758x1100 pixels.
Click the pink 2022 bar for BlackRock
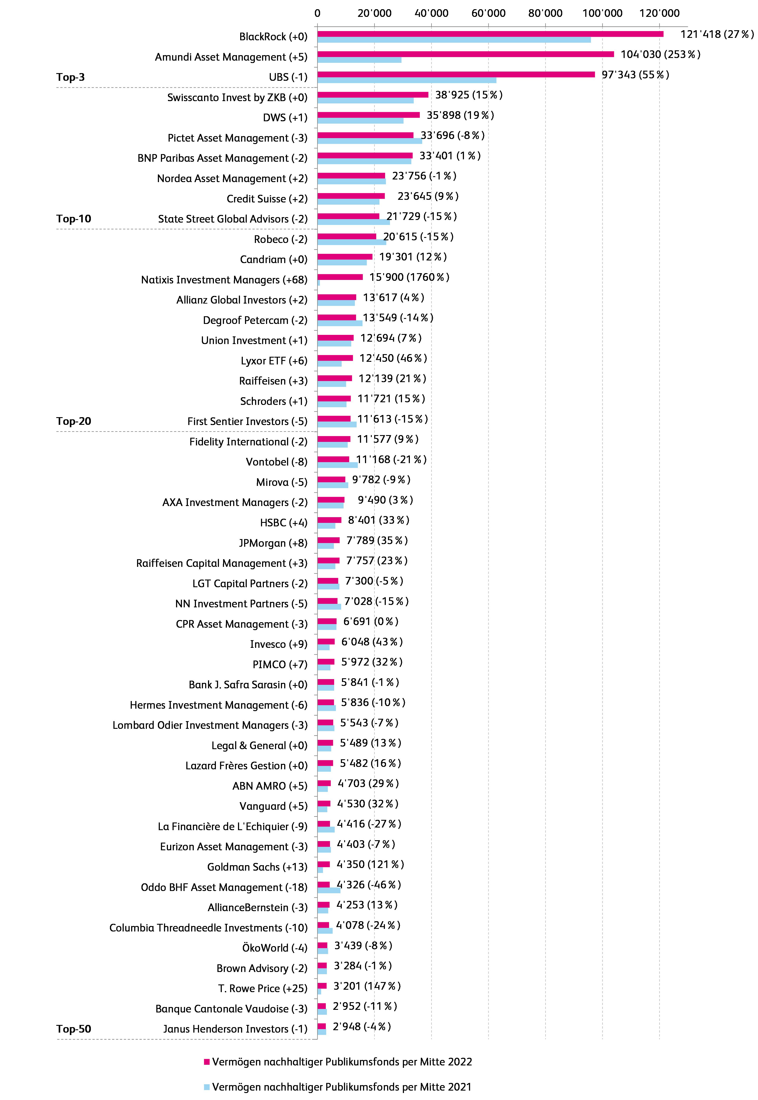click(x=490, y=34)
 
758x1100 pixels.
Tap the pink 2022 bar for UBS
click(x=456, y=74)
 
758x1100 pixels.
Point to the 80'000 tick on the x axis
click(x=545, y=13)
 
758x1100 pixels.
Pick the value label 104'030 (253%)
click(x=660, y=54)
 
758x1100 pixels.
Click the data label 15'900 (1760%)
click(x=409, y=277)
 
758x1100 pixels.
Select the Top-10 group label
click(x=74, y=219)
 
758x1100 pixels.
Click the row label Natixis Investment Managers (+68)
click(x=224, y=280)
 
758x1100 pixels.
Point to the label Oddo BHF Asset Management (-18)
click(x=224, y=887)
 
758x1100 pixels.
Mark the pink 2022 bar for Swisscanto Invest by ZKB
click(x=373, y=95)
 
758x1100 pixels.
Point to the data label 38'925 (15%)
click(x=468, y=95)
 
